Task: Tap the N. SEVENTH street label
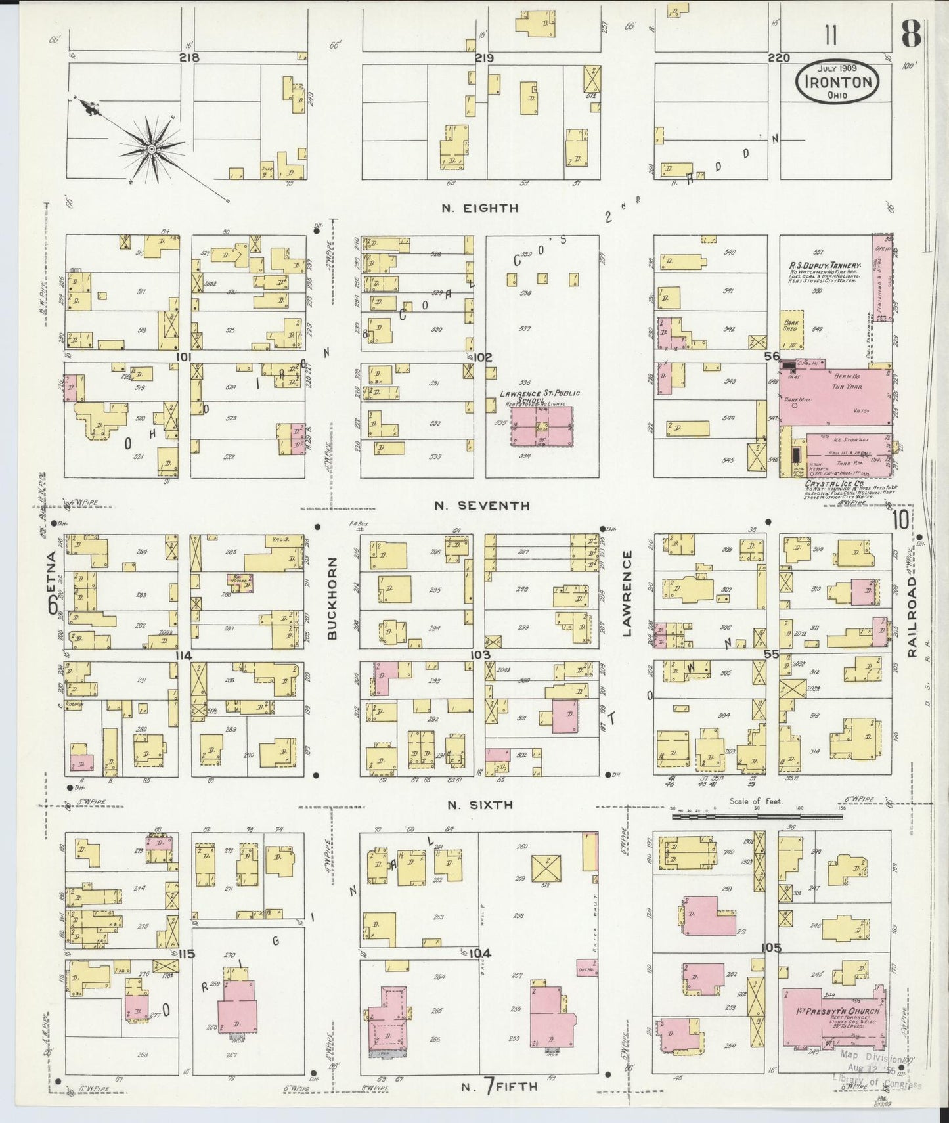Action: (482, 506)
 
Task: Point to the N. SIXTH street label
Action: (481, 804)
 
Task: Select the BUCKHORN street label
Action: (332, 598)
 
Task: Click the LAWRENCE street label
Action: (627, 594)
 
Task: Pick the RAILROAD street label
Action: (912, 617)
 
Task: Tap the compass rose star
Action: (152, 149)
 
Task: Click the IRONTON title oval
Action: (837, 81)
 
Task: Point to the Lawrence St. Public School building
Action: (542, 426)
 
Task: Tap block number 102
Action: (483, 357)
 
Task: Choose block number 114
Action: (183, 655)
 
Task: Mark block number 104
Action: (480, 953)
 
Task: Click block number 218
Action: (189, 58)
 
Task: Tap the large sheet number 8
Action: (911, 33)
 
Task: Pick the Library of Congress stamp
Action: (877, 1078)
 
